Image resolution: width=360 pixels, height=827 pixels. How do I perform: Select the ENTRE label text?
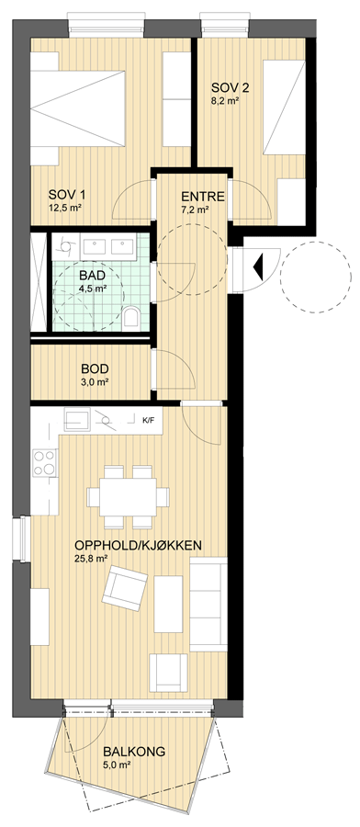[203, 197]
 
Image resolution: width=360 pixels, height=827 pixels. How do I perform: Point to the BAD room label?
[92, 276]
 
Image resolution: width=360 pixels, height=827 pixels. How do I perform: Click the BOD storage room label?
[96, 368]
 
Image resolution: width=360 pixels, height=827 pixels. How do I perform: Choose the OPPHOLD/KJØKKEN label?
[139, 545]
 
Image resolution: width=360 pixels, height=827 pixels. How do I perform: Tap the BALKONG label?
[134, 751]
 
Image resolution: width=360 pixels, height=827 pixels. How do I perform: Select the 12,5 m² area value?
[64, 208]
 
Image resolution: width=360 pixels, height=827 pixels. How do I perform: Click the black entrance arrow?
[258, 266]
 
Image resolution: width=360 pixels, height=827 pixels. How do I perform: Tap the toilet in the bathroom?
[130, 319]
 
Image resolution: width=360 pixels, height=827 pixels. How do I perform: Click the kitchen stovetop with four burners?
[44, 462]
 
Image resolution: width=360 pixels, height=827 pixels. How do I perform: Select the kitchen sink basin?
[77, 419]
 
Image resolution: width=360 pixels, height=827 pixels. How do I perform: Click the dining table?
[128, 497]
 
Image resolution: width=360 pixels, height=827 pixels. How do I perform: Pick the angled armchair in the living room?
[124, 587]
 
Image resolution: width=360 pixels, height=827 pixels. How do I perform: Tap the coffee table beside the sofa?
[168, 604]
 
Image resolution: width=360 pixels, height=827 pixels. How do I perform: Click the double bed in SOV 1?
[77, 108]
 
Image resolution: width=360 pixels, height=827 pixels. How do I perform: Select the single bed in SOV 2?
[284, 108]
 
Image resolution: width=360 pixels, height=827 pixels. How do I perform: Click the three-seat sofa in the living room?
[208, 604]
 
